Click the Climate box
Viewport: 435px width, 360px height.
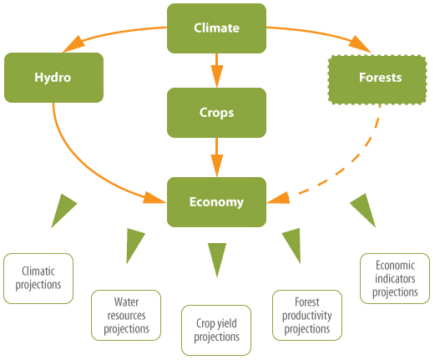click(x=216, y=28)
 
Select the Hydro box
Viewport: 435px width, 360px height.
click(x=53, y=78)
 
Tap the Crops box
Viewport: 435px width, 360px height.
click(x=216, y=113)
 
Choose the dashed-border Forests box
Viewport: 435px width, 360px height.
click(x=377, y=80)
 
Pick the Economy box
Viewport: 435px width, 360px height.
click(x=216, y=202)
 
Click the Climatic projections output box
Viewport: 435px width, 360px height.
click(x=38, y=278)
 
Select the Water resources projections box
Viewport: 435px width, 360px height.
click(x=126, y=315)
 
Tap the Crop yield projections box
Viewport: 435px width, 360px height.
click(x=216, y=330)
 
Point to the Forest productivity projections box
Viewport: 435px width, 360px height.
click(x=307, y=315)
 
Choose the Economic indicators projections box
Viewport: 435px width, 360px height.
click(x=395, y=278)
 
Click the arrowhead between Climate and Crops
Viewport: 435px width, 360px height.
click(x=217, y=76)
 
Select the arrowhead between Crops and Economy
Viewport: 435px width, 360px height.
click(x=217, y=165)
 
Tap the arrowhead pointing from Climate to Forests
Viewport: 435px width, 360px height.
click(x=360, y=44)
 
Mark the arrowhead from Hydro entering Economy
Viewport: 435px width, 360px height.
click(x=154, y=197)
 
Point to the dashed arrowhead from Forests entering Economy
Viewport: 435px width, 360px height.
click(x=279, y=198)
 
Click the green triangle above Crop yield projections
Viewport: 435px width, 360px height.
click(x=217, y=257)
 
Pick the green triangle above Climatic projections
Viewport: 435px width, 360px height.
click(x=63, y=209)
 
